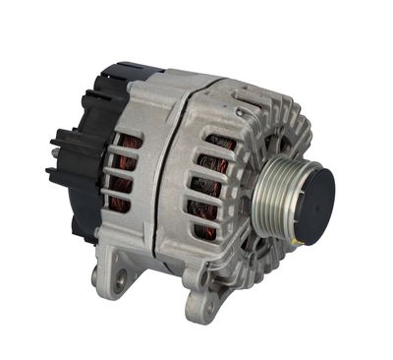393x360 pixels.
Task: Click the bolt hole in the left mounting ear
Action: [119, 282]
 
